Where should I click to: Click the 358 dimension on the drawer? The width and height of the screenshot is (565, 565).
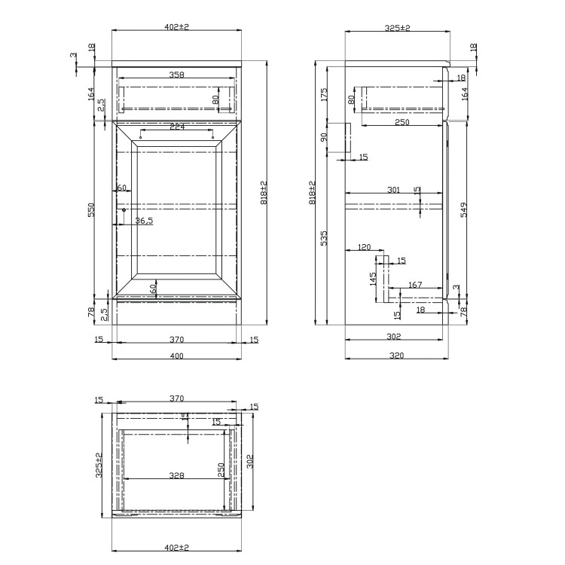(x=176, y=75)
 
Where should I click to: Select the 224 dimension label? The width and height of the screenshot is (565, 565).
(x=176, y=127)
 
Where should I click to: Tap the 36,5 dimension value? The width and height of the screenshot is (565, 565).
(x=144, y=221)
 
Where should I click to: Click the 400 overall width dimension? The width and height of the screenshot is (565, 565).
(x=176, y=356)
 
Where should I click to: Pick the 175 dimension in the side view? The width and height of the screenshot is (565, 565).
(x=325, y=94)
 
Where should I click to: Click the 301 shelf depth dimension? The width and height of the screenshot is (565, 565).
(x=393, y=191)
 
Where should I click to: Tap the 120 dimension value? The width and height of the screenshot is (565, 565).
(x=365, y=247)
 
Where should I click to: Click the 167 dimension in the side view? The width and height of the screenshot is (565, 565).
(x=414, y=285)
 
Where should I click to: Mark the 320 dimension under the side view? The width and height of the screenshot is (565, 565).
(x=393, y=356)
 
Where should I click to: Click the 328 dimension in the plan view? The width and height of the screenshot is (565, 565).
(x=176, y=475)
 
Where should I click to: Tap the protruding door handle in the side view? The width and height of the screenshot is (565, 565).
(x=349, y=140)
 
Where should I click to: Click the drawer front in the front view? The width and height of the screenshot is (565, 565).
(x=176, y=92)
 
